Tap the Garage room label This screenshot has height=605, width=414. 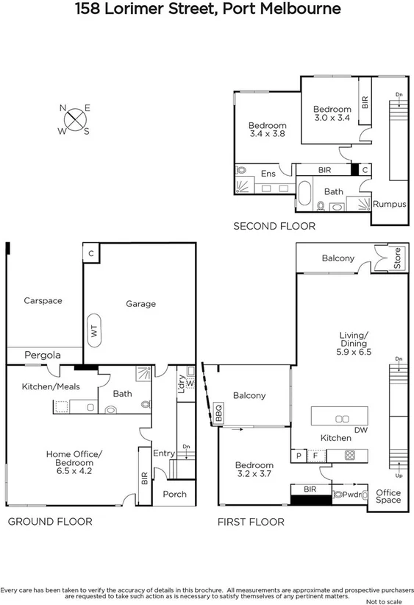(x=140, y=303)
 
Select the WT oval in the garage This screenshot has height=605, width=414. (x=94, y=332)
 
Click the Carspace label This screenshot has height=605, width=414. (x=43, y=300)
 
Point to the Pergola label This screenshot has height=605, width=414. (x=42, y=355)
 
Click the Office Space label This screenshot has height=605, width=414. (x=389, y=496)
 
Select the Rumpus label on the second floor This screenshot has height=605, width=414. (x=389, y=204)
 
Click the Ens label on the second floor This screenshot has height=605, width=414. (x=268, y=174)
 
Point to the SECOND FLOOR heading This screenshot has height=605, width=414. (x=274, y=226)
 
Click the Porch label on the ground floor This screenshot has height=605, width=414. (x=174, y=494)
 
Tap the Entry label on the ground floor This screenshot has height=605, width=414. (x=163, y=453)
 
